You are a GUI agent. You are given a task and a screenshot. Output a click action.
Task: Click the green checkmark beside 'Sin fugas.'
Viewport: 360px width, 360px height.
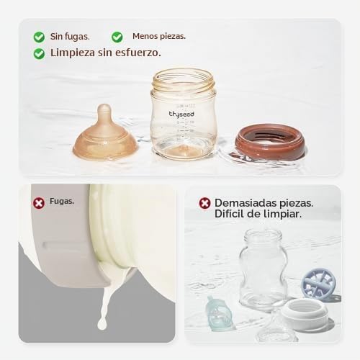39,37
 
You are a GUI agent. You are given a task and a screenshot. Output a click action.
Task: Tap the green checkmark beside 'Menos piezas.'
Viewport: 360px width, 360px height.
117,37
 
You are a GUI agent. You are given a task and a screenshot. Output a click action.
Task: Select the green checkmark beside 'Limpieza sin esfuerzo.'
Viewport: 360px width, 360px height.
39,53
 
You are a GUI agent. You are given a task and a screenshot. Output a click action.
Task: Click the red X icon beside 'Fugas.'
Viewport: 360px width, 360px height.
39,203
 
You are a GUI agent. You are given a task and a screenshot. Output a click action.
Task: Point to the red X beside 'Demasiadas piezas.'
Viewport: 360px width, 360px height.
204,203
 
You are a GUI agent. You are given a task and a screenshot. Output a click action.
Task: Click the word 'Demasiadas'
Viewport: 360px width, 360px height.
246,203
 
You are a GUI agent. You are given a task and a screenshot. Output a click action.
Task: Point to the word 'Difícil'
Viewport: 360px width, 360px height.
230,214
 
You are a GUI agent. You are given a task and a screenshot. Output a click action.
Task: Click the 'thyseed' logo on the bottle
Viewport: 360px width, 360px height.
181,114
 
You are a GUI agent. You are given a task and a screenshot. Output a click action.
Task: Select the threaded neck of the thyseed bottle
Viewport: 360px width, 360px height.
183,81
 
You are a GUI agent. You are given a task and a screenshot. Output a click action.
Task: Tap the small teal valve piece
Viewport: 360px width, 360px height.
219,313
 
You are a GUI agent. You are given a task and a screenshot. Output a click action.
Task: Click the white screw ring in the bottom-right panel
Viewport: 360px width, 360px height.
305,312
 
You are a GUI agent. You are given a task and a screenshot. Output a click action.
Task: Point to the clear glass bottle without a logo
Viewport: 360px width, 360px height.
264,268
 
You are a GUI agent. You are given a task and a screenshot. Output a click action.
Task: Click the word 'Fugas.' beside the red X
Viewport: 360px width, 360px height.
62,202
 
